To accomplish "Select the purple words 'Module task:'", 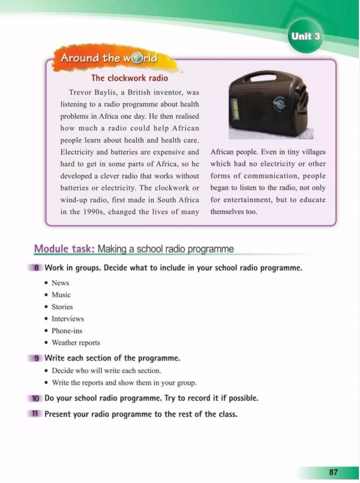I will (x=64, y=249).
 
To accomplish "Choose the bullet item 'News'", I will (x=60, y=283).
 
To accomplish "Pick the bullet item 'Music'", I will (x=61, y=295).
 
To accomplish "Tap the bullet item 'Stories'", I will (x=62, y=307).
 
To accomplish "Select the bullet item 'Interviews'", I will (x=67, y=319).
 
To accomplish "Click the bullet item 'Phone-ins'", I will (x=67, y=331).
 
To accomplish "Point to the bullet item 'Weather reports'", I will (x=76, y=343).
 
